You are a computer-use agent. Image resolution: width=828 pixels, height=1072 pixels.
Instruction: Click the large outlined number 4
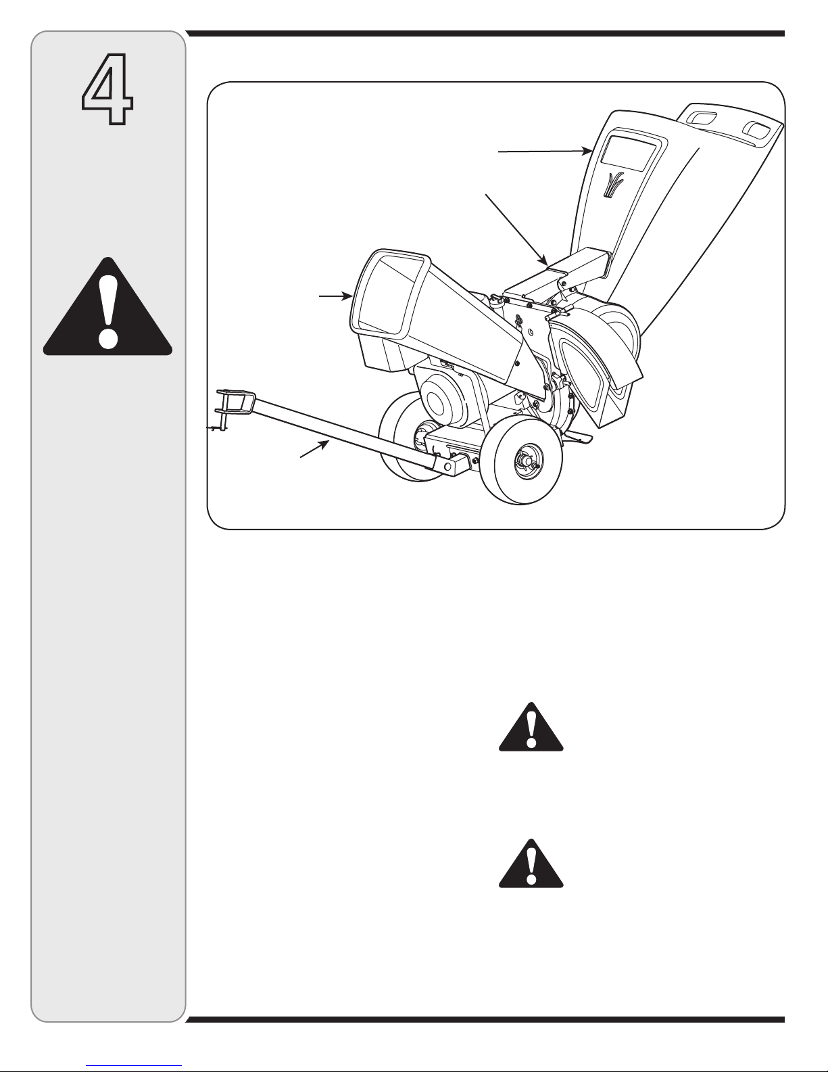[x=107, y=89]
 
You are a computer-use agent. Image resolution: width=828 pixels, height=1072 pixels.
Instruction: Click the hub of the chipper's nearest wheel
[x=525, y=462]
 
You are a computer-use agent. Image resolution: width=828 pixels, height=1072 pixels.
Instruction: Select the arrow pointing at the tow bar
[x=314, y=449]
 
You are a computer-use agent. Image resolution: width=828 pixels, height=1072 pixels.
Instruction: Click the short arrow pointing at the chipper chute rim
[x=336, y=296]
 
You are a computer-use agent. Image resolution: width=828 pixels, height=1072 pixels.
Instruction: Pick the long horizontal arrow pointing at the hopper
[x=545, y=152]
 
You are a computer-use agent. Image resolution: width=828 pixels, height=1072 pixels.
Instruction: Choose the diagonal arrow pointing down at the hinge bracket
[x=516, y=229]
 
